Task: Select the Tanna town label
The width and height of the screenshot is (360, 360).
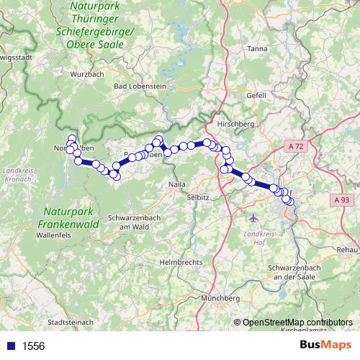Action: pyautogui.click(x=256, y=49)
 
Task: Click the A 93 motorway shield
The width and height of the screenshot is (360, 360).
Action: pyautogui.click(x=342, y=199)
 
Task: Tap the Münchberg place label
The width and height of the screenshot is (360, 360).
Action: pyautogui.click(x=220, y=297)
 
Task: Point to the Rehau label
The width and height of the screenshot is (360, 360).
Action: pyautogui.click(x=346, y=248)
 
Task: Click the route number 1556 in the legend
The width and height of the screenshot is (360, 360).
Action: pyautogui.click(x=33, y=346)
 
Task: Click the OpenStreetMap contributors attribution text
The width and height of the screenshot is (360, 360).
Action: pyautogui.click(x=297, y=323)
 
